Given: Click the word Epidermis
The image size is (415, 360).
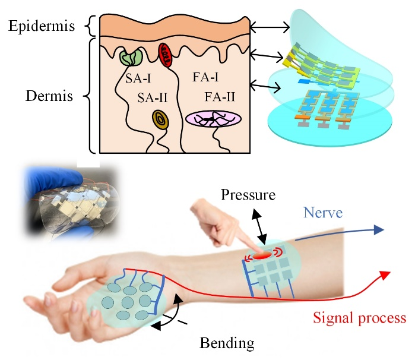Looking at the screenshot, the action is click(x=42, y=27).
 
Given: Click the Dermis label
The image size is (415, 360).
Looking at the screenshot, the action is click(x=49, y=96).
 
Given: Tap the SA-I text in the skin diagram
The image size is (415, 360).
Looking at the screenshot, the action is click(x=138, y=78).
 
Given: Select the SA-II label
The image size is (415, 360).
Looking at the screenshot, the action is click(x=153, y=98).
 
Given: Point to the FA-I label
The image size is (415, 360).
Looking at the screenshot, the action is click(x=205, y=77).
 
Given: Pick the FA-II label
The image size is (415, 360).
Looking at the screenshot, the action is click(x=220, y=97).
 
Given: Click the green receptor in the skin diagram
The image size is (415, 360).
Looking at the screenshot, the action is click(x=131, y=57).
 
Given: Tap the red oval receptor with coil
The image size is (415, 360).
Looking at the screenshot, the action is click(x=165, y=55).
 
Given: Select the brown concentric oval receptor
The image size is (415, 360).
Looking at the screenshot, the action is click(x=160, y=120).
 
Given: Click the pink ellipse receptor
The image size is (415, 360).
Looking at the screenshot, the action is click(x=213, y=119).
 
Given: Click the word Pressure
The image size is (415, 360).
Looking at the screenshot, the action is click(x=248, y=195).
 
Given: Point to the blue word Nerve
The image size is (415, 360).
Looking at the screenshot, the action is click(x=323, y=213).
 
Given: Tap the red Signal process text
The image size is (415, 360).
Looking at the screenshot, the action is click(x=359, y=318).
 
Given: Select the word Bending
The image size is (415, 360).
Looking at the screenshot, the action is click(x=227, y=343).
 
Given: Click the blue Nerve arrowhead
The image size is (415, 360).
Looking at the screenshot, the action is click(x=379, y=229).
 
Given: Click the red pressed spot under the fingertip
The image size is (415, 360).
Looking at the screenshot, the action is click(x=262, y=255).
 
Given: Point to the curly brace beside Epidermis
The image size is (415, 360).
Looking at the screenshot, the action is click(x=91, y=26).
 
